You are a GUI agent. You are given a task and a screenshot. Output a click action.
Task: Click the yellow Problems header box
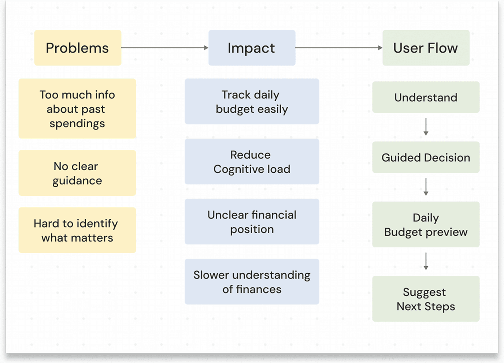point(78,48)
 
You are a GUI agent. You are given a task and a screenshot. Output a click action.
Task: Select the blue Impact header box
point(252,48)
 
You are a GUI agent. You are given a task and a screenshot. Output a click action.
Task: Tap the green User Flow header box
point(426,48)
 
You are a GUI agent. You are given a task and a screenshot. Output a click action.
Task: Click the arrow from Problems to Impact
point(164,48)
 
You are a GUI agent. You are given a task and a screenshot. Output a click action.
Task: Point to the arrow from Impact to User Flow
point(338,48)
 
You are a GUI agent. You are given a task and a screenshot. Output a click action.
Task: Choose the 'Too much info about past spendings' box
point(77,109)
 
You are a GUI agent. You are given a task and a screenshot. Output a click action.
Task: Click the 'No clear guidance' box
point(77,173)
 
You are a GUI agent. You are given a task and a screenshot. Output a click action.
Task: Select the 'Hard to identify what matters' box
point(77,230)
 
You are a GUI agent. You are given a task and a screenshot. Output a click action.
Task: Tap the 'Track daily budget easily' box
point(252,102)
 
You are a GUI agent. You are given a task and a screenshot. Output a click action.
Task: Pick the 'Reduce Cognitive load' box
point(252,162)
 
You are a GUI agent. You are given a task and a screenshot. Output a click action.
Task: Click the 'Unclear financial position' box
point(252,222)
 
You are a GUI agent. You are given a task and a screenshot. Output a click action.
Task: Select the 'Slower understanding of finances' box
point(252,282)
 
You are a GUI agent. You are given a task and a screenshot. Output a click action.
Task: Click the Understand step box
point(426,97)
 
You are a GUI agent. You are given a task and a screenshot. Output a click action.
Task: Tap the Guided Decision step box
point(426,157)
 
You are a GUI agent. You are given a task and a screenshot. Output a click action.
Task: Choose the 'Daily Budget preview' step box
point(426,225)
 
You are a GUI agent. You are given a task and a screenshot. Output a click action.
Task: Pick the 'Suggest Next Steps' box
point(426,299)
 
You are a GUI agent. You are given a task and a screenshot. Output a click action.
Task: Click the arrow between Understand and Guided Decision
point(426,127)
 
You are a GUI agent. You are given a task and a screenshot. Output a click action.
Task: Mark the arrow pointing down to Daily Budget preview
point(426,187)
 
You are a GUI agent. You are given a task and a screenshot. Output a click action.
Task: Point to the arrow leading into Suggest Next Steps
point(426,261)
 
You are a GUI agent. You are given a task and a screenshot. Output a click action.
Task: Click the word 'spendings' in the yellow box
point(77,124)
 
